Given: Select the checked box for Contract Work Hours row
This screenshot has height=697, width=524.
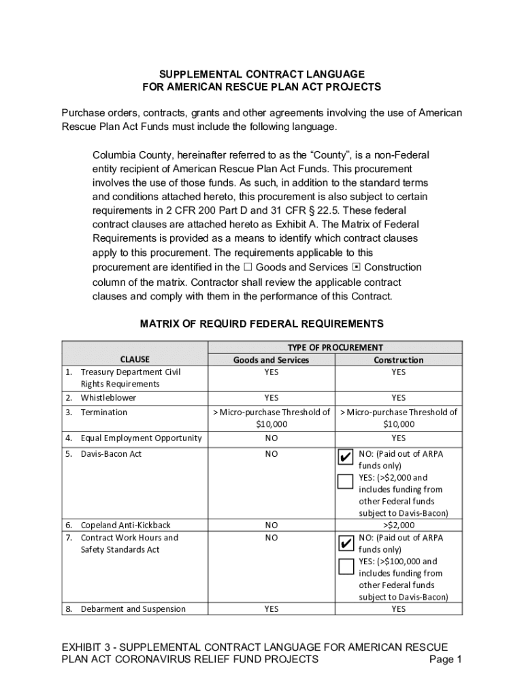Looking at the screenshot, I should click(x=346, y=542).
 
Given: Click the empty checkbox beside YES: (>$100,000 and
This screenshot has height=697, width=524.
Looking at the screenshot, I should click(x=346, y=566).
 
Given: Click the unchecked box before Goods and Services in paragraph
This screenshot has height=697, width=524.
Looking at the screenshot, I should click(x=248, y=268).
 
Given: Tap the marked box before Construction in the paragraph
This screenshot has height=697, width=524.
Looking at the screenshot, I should click(x=356, y=268).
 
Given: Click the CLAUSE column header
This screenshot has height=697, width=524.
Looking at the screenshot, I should click(x=135, y=359).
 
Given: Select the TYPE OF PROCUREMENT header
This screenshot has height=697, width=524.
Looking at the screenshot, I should click(x=335, y=347).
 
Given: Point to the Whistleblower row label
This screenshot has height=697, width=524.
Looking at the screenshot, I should click(x=108, y=398).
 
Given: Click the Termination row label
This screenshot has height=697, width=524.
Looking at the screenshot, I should click(x=103, y=412).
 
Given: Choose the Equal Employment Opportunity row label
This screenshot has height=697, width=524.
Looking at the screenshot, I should click(x=141, y=438).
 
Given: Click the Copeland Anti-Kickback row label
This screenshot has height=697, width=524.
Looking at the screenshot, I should click(x=125, y=525).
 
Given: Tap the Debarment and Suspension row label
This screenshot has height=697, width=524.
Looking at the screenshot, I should click(x=133, y=609).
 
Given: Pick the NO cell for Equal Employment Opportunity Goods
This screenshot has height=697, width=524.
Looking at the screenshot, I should click(x=271, y=438).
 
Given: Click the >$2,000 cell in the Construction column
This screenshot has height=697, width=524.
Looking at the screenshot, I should click(x=398, y=525).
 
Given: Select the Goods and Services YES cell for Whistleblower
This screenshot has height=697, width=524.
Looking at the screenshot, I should click(x=271, y=398).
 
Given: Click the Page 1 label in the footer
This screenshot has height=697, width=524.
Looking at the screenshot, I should click(x=446, y=660).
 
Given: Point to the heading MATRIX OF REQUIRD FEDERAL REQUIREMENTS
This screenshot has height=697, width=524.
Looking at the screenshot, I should click(x=261, y=324).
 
